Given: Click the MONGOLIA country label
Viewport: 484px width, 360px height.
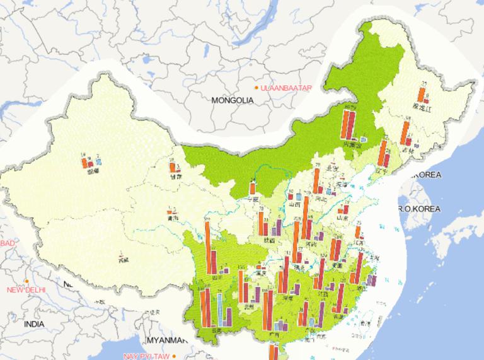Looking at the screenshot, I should click(233, 100).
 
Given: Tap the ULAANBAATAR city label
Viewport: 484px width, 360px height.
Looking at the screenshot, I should click(287, 88).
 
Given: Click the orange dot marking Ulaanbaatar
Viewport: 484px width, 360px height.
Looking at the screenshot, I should click(256, 88).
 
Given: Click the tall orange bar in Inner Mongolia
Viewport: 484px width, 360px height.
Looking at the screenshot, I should click(345, 124).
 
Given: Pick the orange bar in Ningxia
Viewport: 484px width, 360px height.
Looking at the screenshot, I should click(252, 187).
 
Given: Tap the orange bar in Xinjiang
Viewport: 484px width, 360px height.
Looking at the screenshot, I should click(84, 163).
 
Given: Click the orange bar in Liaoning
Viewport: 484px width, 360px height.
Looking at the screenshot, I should click(382, 154).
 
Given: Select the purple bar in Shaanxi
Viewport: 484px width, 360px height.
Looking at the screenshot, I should click(278, 229).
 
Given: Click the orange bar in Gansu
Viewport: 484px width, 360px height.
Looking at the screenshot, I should click(171, 168).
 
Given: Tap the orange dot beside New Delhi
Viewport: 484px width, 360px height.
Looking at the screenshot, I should click(26, 281).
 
